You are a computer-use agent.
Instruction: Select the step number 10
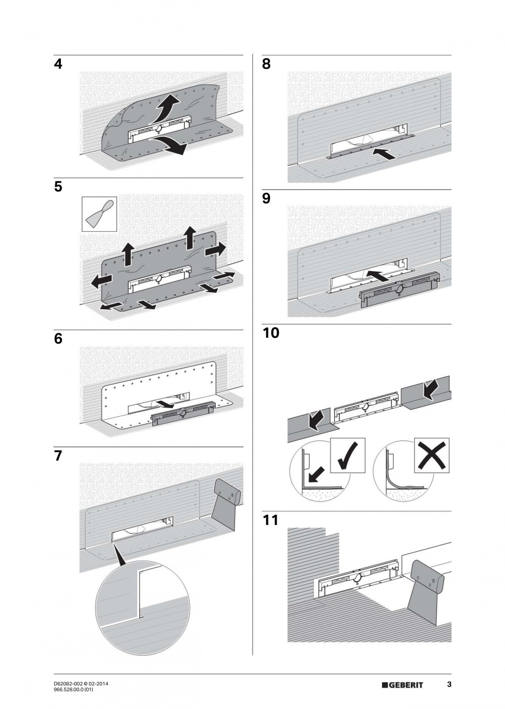(271, 333)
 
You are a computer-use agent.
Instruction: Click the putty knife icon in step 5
(99, 214)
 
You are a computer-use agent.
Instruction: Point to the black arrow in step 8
(383, 153)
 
